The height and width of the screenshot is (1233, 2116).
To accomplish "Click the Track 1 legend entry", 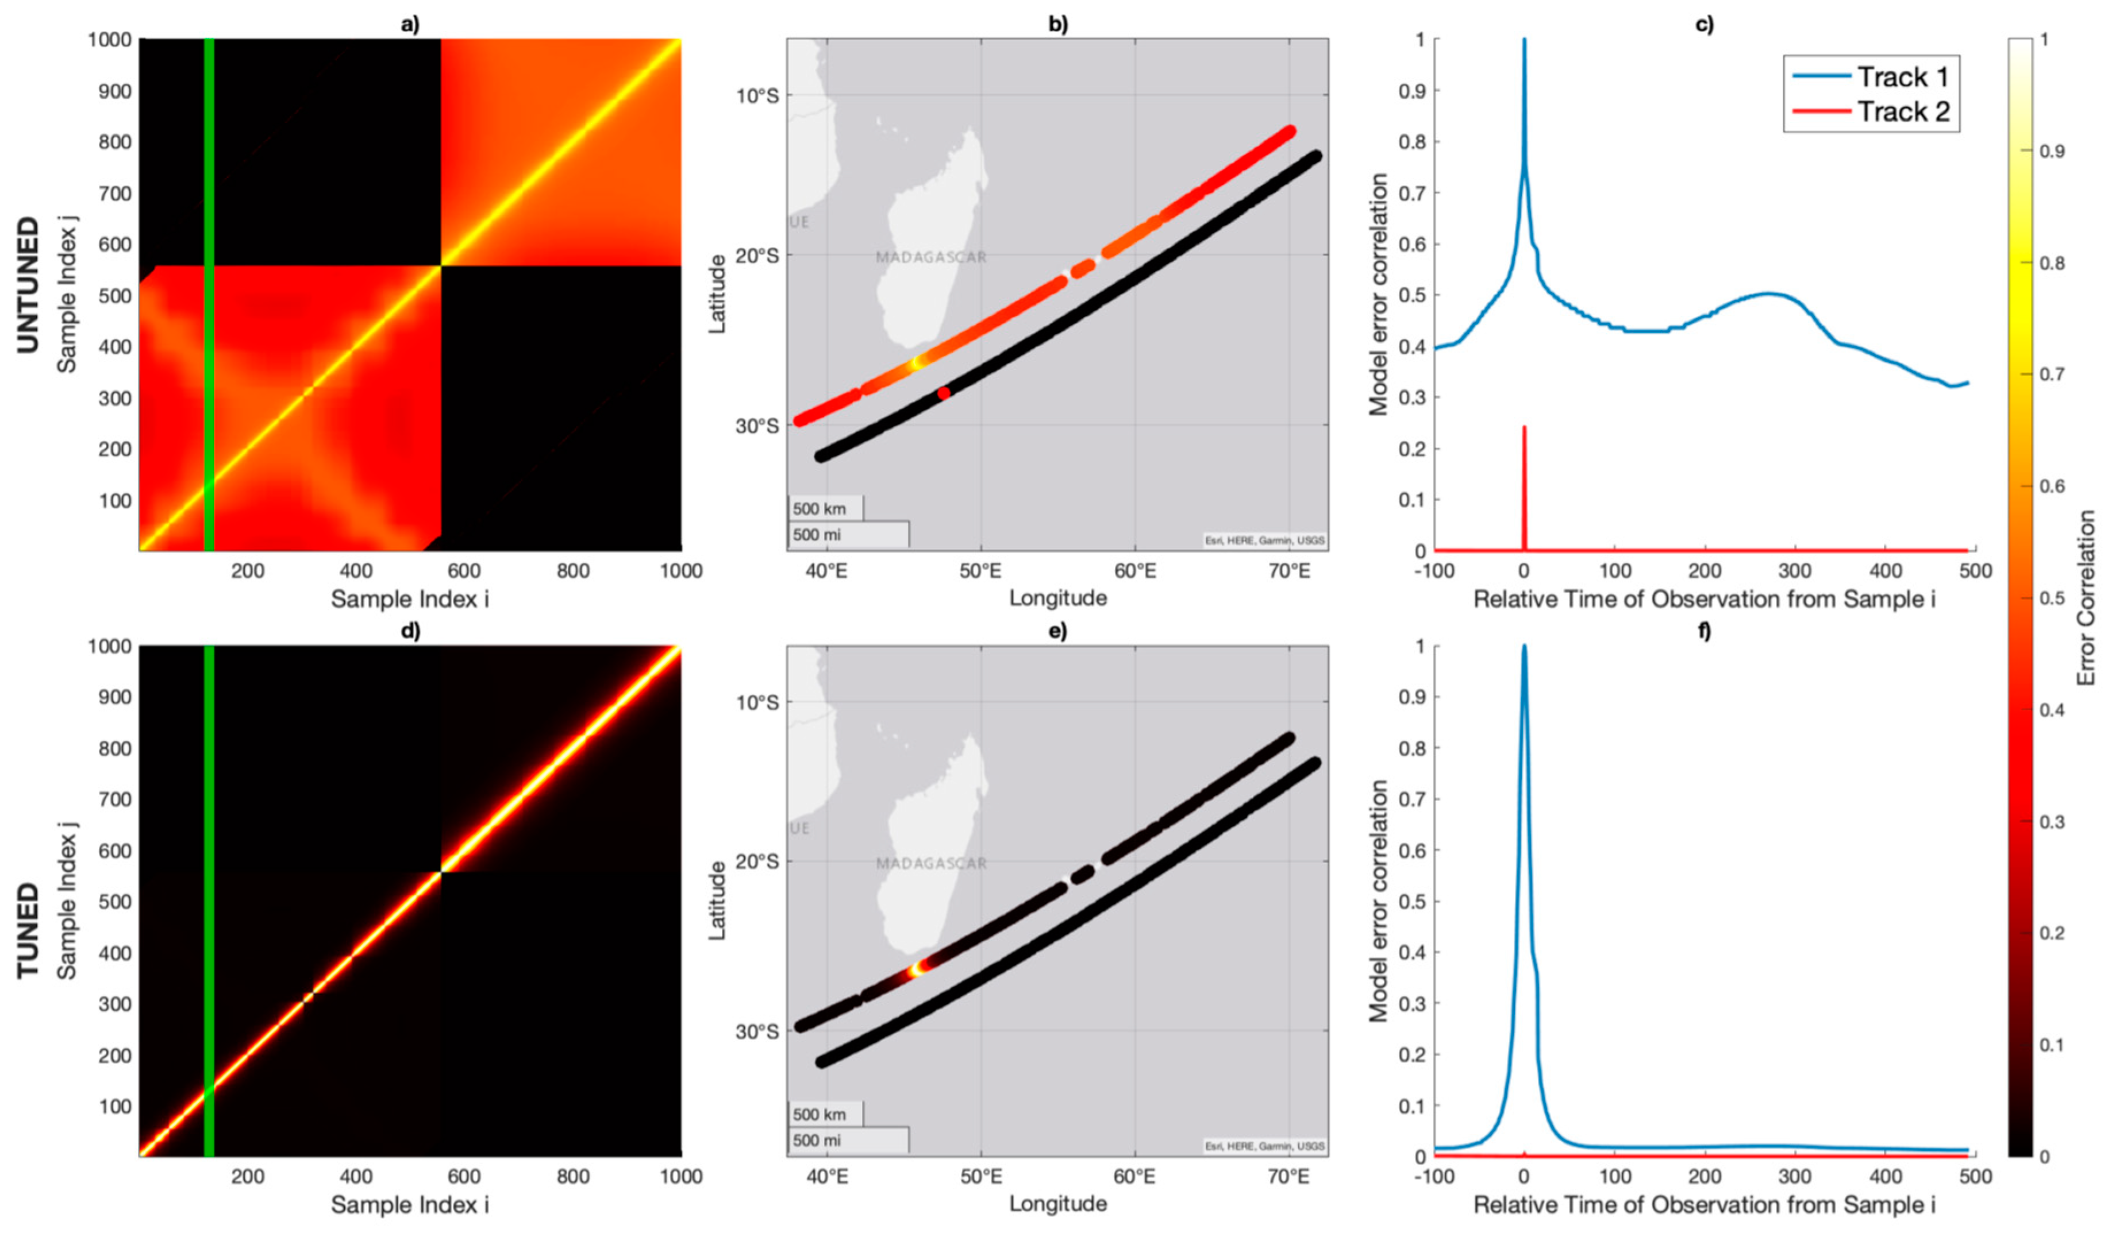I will click(1901, 76).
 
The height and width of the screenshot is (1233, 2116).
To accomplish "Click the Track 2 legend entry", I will click(1901, 111).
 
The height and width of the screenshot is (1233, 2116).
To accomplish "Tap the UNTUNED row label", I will click(28, 285).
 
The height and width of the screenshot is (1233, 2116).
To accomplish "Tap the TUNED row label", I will click(28, 930).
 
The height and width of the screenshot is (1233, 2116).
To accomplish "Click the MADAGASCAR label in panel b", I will click(930, 257).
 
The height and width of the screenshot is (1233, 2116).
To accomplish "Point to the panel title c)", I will click(1704, 24).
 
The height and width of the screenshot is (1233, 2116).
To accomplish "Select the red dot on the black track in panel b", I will click(944, 393).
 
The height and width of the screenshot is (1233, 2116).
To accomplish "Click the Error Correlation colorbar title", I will click(2086, 598).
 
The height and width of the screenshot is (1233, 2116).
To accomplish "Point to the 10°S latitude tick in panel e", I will click(757, 702).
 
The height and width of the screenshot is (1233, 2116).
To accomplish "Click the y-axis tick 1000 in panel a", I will click(109, 40).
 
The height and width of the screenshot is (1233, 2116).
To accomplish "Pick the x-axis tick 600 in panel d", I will click(464, 1177).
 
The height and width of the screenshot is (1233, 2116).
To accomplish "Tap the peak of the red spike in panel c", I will click(1524, 428).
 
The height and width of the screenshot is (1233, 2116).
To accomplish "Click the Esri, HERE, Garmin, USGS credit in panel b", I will click(1264, 540).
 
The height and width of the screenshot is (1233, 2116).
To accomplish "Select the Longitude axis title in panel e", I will click(1057, 1204).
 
